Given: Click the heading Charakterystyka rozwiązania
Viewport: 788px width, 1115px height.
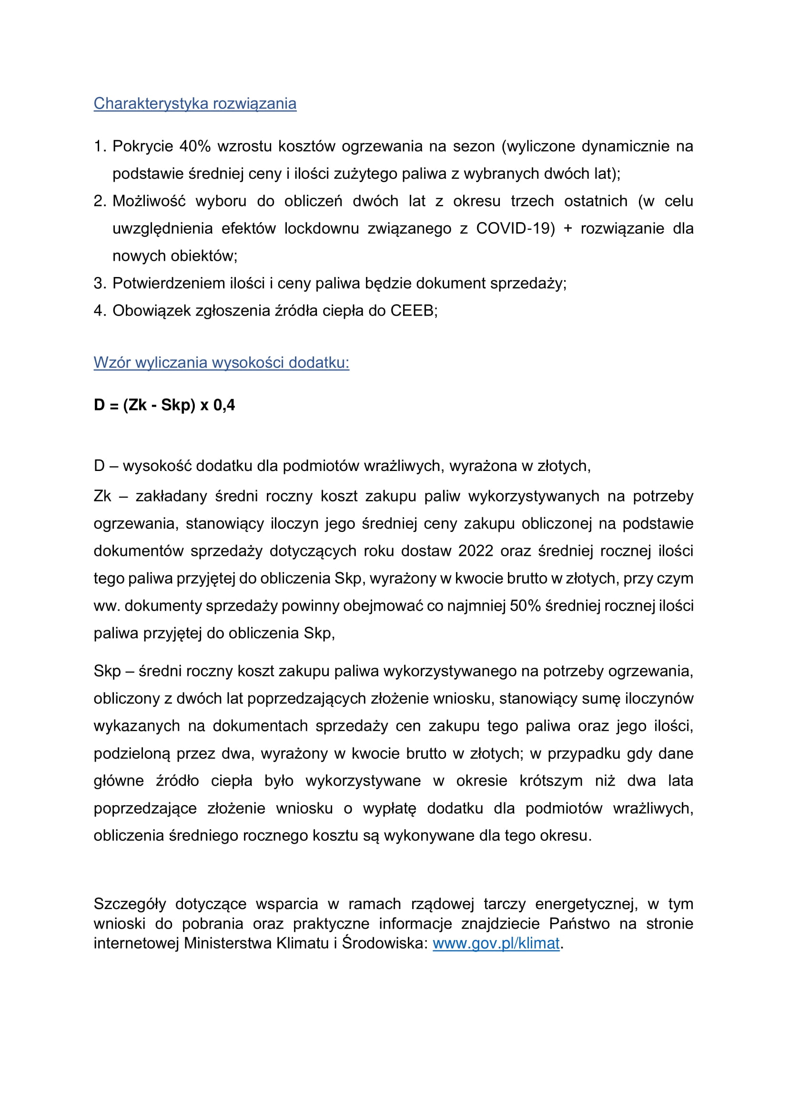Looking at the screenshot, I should click(194, 103).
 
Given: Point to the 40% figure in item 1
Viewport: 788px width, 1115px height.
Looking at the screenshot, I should click(195, 146).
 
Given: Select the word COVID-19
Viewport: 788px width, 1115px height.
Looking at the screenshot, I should click(515, 228).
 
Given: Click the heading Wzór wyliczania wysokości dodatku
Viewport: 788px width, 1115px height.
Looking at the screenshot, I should click(221, 363).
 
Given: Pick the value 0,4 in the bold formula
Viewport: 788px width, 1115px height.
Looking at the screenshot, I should click(224, 405).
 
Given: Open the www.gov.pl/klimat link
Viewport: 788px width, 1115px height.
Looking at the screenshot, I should click(496, 943).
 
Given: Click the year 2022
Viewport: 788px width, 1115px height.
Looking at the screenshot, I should click(475, 551).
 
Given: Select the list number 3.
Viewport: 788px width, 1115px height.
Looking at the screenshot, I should click(99, 283).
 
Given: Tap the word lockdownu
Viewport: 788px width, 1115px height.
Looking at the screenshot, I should click(322, 228).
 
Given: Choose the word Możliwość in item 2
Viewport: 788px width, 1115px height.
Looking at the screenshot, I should click(149, 201).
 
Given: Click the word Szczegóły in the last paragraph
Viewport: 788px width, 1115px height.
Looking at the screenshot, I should click(130, 904).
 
